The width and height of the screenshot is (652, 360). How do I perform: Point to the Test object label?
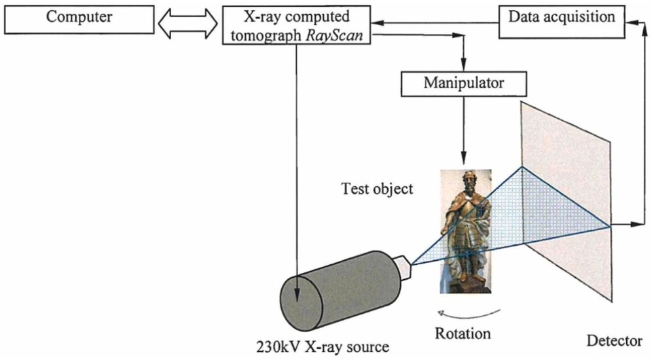coord(377,189)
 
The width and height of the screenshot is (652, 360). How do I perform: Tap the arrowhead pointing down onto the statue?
coord(464,154)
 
